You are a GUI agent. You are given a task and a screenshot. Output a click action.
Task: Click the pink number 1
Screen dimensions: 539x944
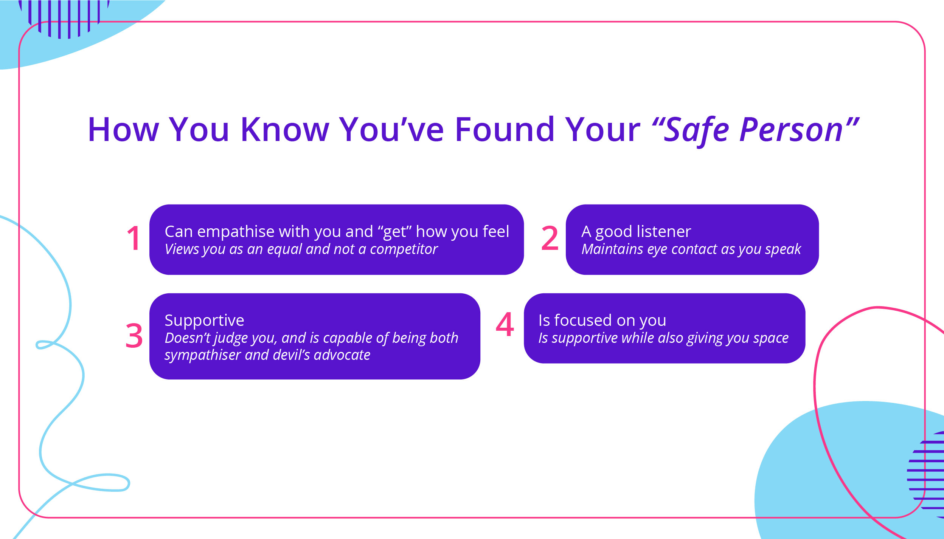(134, 238)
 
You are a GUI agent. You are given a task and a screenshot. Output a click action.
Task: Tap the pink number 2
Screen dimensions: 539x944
(550, 238)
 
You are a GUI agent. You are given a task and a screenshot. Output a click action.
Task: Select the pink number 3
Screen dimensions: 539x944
(134, 336)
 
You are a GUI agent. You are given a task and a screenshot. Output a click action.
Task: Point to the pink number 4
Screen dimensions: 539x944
(505, 324)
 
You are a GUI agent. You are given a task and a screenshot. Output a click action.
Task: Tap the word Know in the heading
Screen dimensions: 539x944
(285, 130)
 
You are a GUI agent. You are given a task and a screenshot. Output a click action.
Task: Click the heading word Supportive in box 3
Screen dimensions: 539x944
(204, 321)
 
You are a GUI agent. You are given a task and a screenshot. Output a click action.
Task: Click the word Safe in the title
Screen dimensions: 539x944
(696, 130)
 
